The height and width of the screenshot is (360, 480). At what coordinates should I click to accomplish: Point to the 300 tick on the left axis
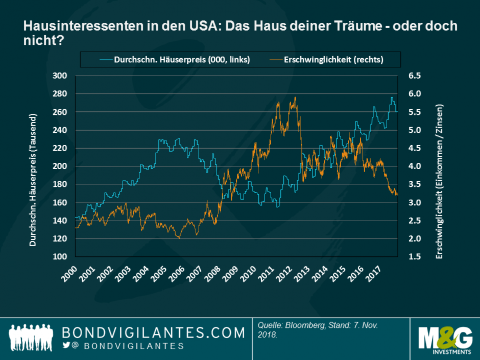click(x=60, y=76)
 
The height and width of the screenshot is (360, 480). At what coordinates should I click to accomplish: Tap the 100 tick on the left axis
click(x=60, y=257)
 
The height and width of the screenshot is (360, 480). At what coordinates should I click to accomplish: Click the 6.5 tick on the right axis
click(x=415, y=76)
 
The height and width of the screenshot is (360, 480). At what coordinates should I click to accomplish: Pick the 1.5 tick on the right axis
click(x=415, y=257)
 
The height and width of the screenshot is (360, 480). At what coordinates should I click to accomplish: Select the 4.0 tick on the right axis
click(x=415, y=166)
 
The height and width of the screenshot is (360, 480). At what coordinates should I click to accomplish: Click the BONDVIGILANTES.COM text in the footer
click(x=153, y=333)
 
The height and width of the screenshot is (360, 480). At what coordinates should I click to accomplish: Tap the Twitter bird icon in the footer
click(x=66, y=346)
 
